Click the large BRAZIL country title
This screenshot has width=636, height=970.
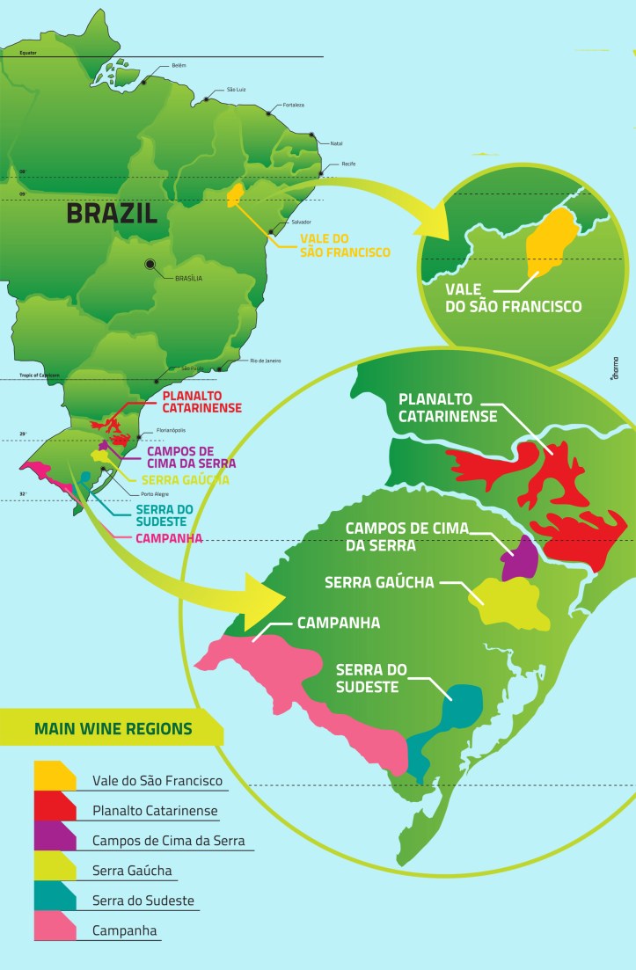pos(112,212)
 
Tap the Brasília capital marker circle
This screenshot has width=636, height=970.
pos(150,263)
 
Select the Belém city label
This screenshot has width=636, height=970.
pos(179,65)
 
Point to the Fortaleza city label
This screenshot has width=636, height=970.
pos(293,105)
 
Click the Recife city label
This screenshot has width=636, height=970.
pos(350,164)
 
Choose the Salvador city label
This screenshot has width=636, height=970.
pos(302,222)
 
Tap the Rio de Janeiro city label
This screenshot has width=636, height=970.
pos(266,361)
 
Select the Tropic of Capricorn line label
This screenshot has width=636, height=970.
pos(35,376)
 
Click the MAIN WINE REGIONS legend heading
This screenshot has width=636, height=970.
pos(113,728)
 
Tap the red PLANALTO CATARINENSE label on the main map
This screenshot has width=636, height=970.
pos(192,401)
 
